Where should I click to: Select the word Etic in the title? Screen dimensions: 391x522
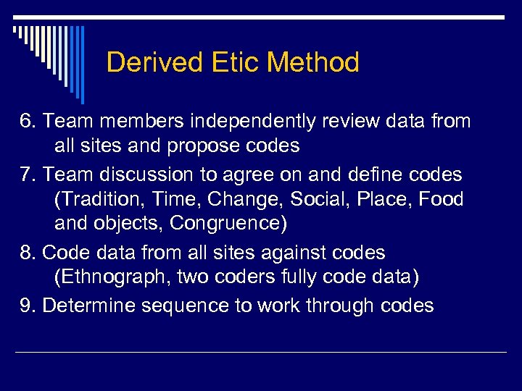coord(225,63)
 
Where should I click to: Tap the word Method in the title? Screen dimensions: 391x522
coord(312,63)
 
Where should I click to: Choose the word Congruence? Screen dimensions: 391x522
coord(228,224)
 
